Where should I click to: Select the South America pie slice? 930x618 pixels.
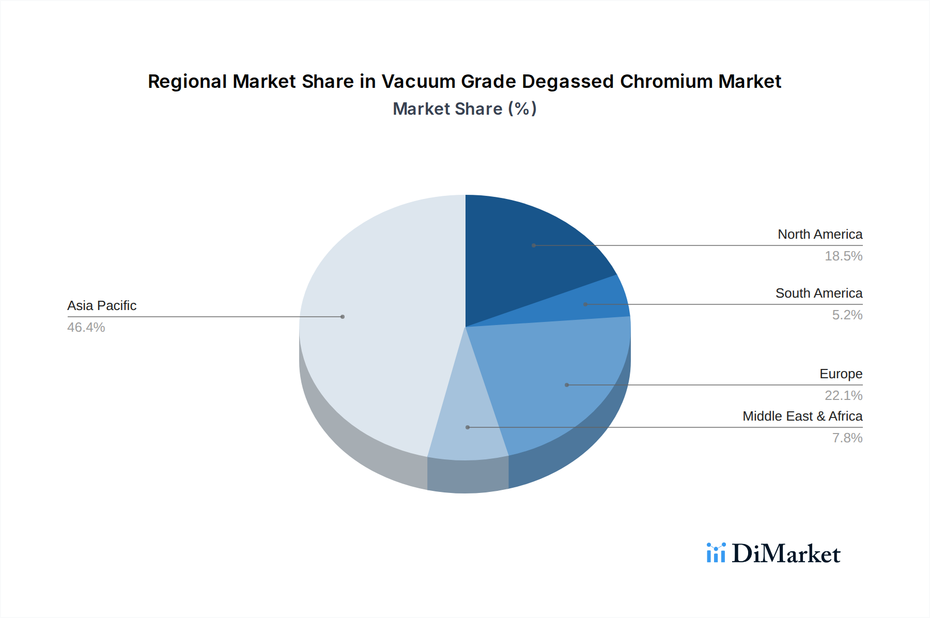599,305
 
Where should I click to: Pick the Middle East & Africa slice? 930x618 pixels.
468,429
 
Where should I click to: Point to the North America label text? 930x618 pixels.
820,235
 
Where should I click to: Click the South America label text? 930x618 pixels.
819,293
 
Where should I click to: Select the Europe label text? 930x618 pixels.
841,374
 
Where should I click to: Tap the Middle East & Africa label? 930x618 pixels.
802,416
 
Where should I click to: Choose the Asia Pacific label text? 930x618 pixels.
102,306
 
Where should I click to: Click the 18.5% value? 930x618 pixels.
843,256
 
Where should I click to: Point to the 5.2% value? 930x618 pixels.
847,315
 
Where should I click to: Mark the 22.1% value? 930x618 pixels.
843,396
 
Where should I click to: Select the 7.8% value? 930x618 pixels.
847,438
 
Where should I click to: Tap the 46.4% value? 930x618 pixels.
86,328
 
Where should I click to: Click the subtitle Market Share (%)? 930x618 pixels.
464,109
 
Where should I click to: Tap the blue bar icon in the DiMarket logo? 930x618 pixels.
716,553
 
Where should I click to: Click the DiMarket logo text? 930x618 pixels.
786,554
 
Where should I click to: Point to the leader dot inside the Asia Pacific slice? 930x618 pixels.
343,317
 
